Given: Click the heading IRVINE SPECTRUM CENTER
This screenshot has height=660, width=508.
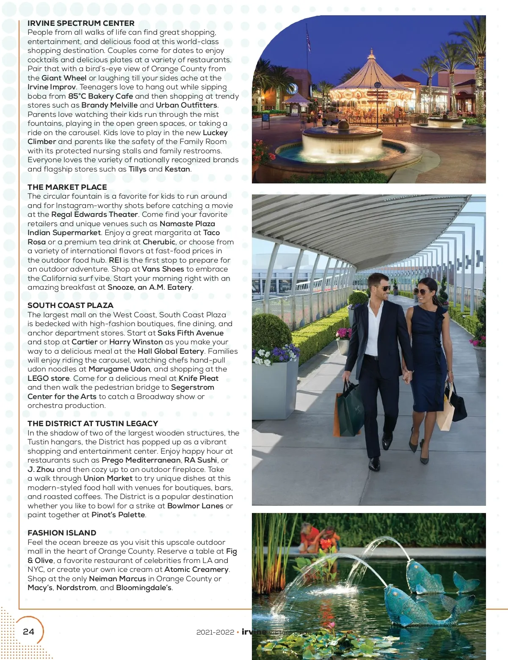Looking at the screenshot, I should click(x=81, y=23).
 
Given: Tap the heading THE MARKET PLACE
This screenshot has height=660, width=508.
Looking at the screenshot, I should click(x=67, y=187).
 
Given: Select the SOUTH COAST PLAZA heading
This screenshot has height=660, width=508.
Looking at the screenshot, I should click(x=70, y=305).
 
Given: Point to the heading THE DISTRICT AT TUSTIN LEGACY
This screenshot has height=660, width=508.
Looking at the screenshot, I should click(x=93, y=424).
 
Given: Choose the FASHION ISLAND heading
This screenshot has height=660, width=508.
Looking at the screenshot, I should click(x=62, y=533).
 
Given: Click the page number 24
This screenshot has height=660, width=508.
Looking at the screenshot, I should click(x=28, y=632).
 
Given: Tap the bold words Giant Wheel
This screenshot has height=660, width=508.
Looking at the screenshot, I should click(x=64, y=78).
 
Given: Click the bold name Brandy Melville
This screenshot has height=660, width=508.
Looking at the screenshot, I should click(x=109, y=105).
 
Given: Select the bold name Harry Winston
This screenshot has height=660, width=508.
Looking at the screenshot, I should click(x=136, y=342).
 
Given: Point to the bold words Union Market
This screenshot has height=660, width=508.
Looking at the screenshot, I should click(x=108, y=478).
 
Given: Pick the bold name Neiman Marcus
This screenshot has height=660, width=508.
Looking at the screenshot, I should click(x=117, y=579).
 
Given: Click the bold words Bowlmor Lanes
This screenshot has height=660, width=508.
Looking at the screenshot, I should click(x=195, y=506).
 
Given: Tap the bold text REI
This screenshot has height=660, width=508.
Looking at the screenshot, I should click(x=115, y=260).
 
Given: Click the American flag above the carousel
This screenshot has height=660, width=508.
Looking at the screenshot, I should click(x=308, y=40).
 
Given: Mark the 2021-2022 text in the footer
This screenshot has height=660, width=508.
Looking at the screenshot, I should click(x=215, y=632).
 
